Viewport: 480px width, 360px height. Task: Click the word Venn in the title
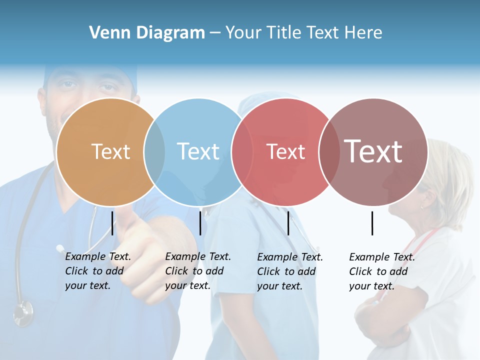click(105, 33)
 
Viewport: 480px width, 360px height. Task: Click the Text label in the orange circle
click(110, 151)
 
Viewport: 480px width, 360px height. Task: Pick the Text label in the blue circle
click(198, 151)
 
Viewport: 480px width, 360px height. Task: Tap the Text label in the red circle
click(285, 152)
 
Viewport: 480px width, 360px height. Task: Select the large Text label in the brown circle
click(373, 151)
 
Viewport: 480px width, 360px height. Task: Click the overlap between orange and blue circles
click(154, 152)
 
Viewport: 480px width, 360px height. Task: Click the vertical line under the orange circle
click(112, 222)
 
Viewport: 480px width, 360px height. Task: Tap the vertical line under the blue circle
click(200, 222)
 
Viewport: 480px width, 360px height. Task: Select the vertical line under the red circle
click(288, 222)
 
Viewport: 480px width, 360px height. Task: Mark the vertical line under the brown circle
click(372, 223)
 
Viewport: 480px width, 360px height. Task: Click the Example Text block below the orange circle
click(97, 271)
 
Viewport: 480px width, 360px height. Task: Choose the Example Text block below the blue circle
click(197, 271)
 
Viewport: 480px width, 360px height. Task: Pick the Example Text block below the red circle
click(289, 271)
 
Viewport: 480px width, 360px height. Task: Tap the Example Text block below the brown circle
click(381, 271)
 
